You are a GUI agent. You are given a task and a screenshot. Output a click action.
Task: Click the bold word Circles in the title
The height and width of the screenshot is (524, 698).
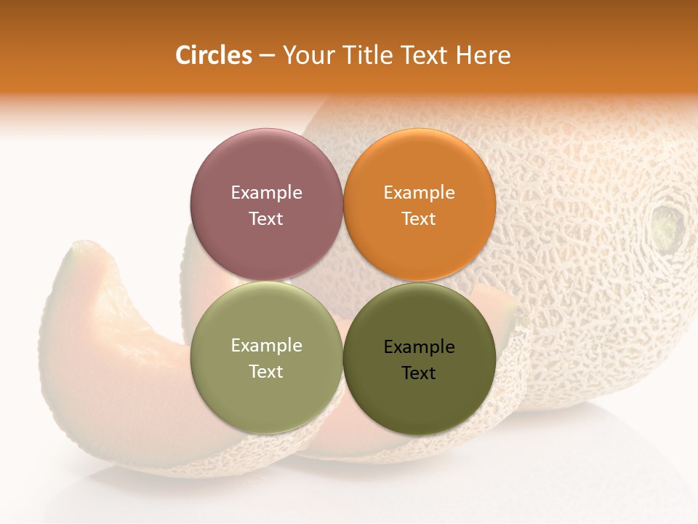click(x=214, y=55)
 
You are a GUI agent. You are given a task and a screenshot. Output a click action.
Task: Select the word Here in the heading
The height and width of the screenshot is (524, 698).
click(x=483, y=55)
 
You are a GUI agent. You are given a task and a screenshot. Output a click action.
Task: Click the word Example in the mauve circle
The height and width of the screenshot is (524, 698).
click(x=266, y=193)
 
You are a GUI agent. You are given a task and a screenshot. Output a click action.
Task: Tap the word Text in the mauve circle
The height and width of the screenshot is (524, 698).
click(x=266, y=218)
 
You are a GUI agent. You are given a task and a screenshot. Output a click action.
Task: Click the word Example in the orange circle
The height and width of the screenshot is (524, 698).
click(x=420, y=193)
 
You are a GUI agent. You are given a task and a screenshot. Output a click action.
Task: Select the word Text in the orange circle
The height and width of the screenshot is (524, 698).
click(x=420, y=218)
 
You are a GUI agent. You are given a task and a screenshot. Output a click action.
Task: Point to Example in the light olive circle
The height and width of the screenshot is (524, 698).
click(x=266, y=346)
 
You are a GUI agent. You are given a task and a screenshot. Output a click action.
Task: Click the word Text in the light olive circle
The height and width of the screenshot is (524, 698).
click(x=266, y=371)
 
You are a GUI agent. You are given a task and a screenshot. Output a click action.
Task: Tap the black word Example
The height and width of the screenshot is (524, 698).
click(x=420, y=347)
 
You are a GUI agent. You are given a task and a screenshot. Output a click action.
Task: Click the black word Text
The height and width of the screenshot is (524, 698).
click(x=420, y=373)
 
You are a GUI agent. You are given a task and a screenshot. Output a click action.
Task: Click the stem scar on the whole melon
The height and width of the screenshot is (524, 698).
click(x=667, y=225)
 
